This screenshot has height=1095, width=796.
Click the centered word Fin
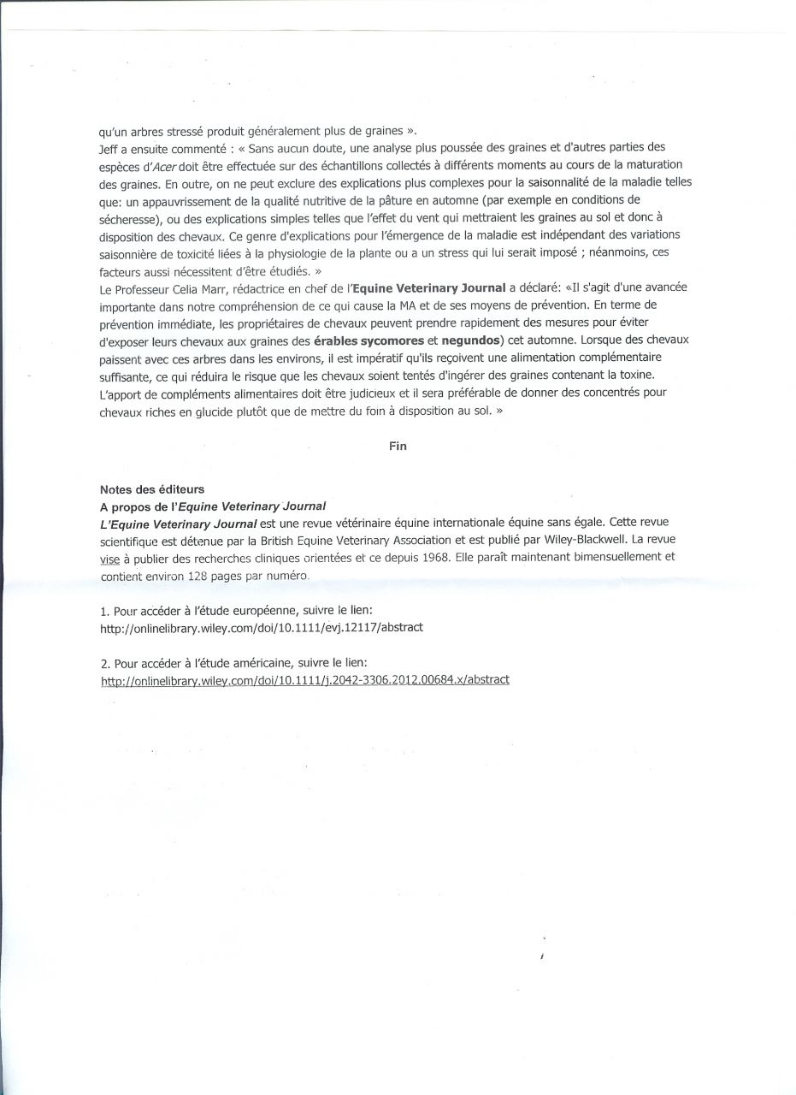(398, 447)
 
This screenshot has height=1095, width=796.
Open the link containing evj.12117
(262, 627)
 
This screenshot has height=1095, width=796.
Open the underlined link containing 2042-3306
(305, 680)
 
